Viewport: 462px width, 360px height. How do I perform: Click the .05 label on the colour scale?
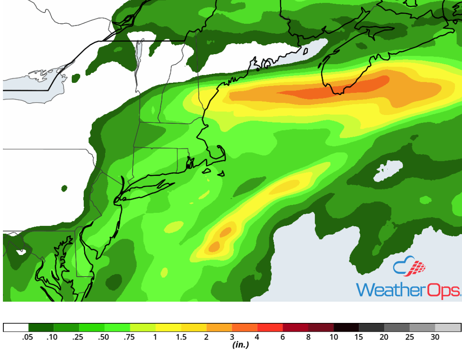pyautogui.click(x=28, y=337)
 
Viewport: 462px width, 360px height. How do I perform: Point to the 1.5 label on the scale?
pyautogui.click(x=181, y=337)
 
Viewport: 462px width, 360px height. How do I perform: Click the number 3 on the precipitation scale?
pyautogui.click(x=232, y=337)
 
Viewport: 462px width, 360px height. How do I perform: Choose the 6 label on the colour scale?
pyautogui.click(x=283, y=337)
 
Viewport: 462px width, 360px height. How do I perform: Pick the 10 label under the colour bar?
pyautogui.click(x=334, y=337)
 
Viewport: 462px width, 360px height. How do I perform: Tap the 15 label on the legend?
pyautogui.click(x=359, y=337)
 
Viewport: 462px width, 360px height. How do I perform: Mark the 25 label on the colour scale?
pyautogui.click(x=410, y=337)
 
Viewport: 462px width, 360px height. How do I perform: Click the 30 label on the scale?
pyautogui.click(x=435, y=337)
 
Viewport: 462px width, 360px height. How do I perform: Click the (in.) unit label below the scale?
pyautogui.click(x=241, y=345)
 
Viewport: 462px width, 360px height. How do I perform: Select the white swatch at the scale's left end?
pyautogui.click(x=16, y=327)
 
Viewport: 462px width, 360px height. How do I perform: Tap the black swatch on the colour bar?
pyautogui.click(x=346, y=327)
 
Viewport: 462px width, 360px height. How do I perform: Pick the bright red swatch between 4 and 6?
pyautogui.click(x=270, y=327)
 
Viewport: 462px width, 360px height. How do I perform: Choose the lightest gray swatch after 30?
pyautogui.click(x=448, y=327)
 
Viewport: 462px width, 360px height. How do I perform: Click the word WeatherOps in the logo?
pyautogui.click(x=408, y=289)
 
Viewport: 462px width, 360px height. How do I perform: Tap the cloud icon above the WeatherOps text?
pyautogui.click(x=409, y=266)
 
